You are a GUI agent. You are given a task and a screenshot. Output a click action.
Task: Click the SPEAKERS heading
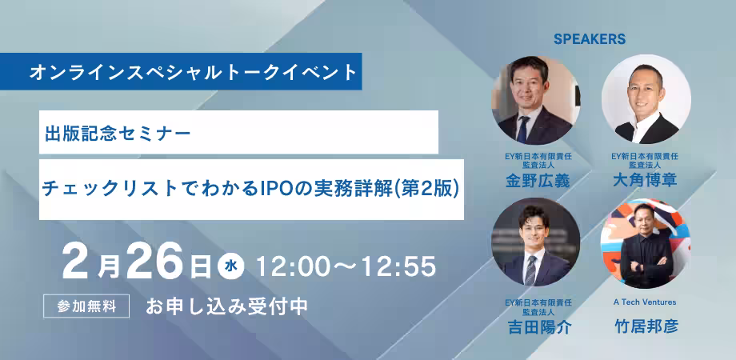tap(590, 39)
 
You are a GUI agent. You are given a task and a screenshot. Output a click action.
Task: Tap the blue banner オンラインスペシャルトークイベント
tap(181, 71)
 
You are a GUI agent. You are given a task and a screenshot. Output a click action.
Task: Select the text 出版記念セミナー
tap(118, 134)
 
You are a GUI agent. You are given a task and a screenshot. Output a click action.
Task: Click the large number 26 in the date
tap(154, 262)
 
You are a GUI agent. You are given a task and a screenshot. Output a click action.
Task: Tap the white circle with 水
tap(231, 266)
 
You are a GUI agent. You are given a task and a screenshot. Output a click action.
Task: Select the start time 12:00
tap(291, 266)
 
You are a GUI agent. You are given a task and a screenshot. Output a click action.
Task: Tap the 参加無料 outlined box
tap(86, 306)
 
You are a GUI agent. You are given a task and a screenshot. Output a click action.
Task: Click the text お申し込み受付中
tap(226, 306)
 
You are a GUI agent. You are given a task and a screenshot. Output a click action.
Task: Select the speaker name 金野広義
tap(538, 180)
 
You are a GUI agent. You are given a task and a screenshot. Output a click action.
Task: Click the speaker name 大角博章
tap(645, 180)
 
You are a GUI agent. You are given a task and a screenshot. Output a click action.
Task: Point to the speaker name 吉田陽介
tap(539, 327)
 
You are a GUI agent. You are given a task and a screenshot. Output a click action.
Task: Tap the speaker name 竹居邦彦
tap(646, 326)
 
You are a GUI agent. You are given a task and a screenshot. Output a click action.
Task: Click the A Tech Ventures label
tap(645, 302)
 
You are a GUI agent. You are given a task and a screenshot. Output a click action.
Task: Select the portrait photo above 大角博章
tap(646, 99)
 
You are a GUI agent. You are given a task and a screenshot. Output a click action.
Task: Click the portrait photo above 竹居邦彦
tap(646, 244)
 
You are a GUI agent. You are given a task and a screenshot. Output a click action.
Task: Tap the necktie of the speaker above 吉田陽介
tap(531, 270)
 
